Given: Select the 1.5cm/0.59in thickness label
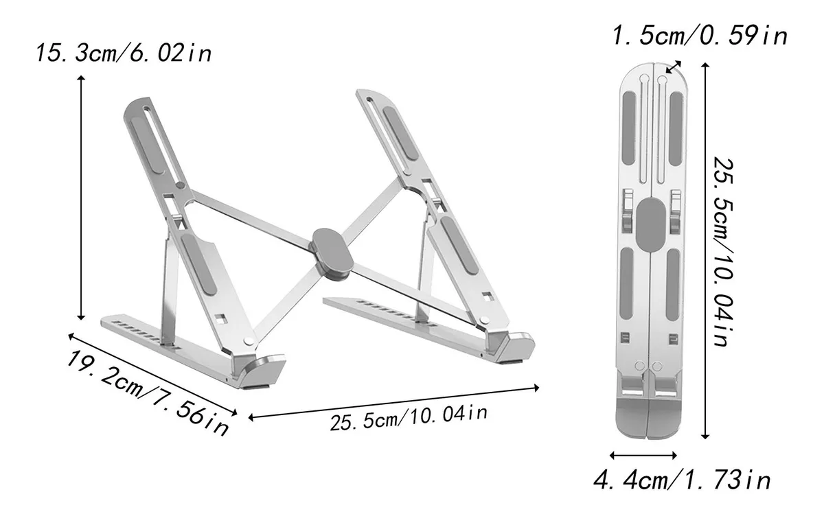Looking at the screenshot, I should [x=700, y=36].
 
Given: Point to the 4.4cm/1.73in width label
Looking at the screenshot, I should [x=683, y=480].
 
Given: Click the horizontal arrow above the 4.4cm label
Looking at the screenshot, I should [x=644, y=454].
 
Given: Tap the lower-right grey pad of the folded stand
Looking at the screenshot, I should [x=674, y=282].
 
